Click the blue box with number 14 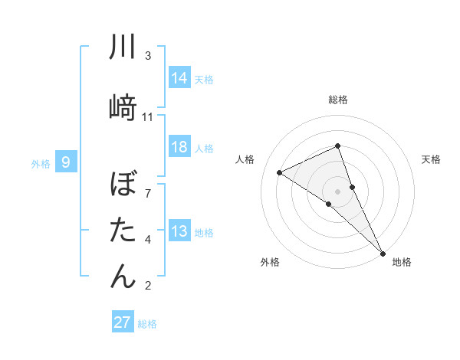179,78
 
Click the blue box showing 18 179,148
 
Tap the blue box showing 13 179,232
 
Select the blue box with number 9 67,162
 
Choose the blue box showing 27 123,322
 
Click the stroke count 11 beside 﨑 148,117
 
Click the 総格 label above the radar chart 338,100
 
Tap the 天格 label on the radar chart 432,159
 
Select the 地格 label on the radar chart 402,263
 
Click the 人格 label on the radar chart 245,159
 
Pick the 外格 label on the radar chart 270,263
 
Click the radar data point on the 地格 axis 383,252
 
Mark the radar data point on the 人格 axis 279,172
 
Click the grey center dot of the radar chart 338,191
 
